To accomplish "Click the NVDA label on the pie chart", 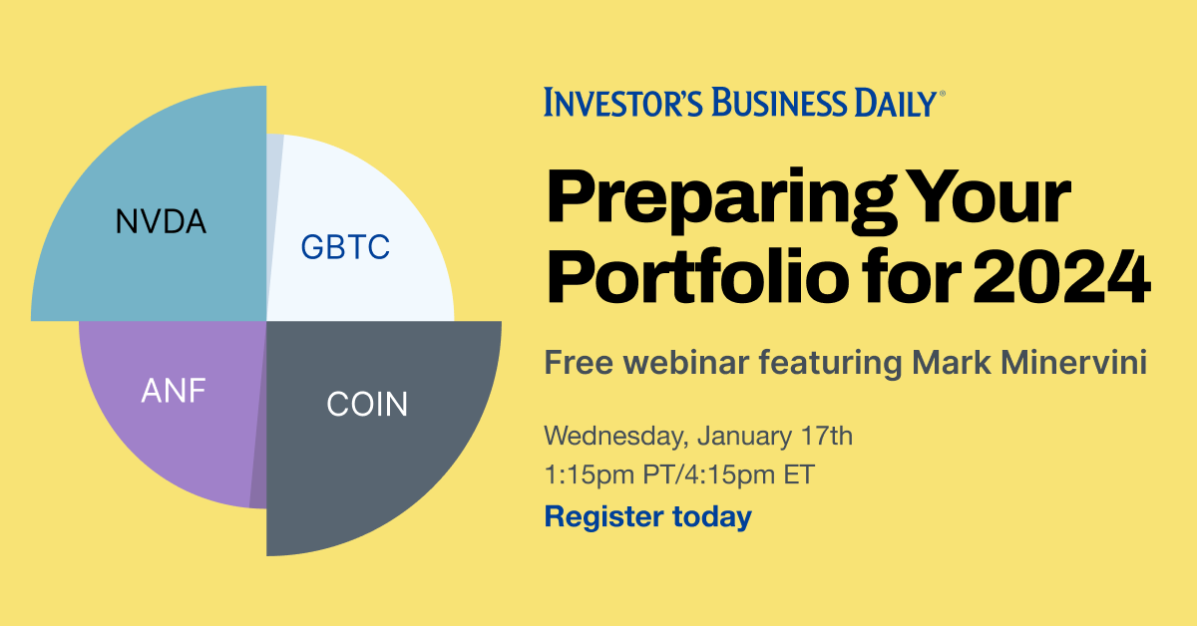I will pos(161,220).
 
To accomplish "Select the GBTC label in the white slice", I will pos(345,246).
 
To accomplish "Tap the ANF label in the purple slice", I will pos(173,389).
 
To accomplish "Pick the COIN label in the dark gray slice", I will pos(367,405).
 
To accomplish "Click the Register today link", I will pos(646,516).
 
